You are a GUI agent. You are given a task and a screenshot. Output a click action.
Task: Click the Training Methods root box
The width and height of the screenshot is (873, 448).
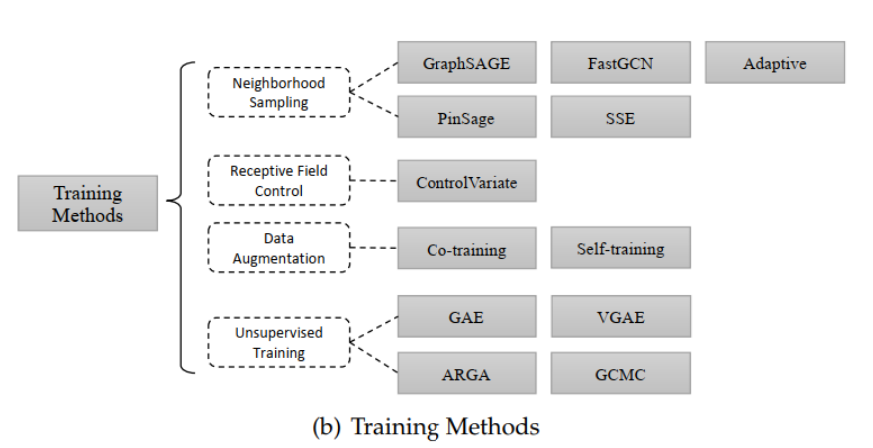(88, 203)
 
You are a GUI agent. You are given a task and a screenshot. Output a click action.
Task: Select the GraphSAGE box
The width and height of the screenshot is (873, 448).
(467, 63)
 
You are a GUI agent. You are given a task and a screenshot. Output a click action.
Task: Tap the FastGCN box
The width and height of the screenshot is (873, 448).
(620, 63)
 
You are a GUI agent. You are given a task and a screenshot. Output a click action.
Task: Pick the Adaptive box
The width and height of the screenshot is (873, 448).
(774, 63)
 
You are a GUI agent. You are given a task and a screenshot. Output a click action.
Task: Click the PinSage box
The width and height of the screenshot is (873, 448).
(467, 117)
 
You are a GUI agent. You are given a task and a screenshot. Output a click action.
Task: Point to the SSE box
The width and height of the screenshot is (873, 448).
(620, 117)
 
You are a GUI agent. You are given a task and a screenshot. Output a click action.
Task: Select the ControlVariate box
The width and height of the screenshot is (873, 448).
(467, 182)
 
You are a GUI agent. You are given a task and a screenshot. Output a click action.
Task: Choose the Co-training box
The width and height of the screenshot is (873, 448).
(467, 248)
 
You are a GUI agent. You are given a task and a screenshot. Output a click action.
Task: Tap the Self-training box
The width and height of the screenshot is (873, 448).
(620, 248)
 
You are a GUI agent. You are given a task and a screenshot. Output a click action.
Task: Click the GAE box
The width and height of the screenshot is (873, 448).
(467, 317)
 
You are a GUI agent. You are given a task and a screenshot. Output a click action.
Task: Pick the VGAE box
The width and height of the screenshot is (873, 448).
(620, 317)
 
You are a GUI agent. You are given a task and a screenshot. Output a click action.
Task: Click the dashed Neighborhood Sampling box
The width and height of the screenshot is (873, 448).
(279, 92)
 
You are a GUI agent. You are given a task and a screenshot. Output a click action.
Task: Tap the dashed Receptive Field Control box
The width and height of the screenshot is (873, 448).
(279, 180)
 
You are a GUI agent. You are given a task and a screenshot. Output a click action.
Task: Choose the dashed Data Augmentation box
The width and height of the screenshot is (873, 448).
(279, 247)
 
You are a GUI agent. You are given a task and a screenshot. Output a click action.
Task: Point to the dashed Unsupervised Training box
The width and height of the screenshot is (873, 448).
(279, 342)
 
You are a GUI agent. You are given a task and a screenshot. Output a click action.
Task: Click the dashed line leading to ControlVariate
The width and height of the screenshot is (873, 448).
(375, 181)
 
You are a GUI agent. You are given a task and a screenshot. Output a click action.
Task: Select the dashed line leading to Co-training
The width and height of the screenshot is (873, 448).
(375, 247)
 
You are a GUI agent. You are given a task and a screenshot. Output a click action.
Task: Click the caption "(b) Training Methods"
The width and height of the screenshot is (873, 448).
(426, 426)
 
